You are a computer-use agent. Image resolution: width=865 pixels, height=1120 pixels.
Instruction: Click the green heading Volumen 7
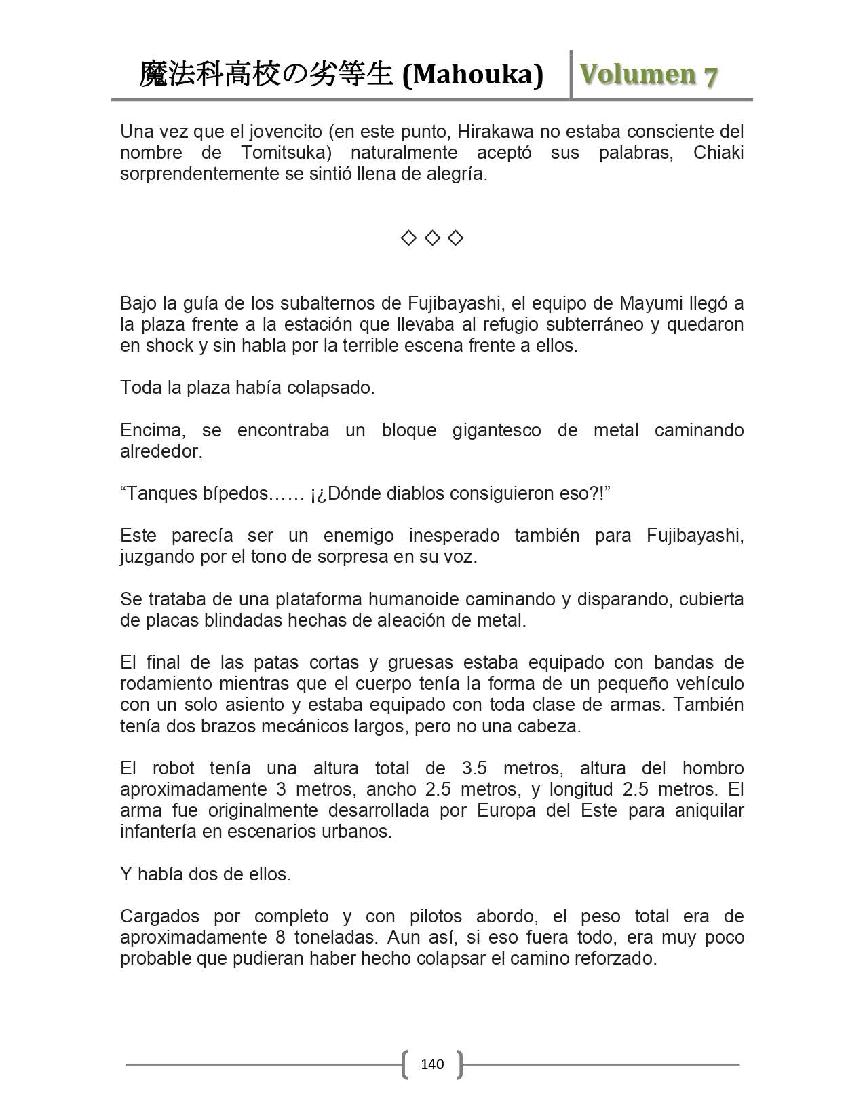click(649, 75)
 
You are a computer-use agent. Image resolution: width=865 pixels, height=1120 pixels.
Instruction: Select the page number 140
click(432, 1064)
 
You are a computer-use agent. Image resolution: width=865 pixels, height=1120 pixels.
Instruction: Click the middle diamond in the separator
click(432, 238)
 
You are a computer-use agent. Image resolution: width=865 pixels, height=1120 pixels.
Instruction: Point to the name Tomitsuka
click(286, 153)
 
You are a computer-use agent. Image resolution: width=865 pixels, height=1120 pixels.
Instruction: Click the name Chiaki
click(718, 153)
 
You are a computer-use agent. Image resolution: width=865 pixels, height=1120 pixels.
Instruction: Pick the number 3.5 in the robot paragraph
click(474, 768)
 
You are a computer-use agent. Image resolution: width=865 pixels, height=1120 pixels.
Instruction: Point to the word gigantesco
click(497, 430)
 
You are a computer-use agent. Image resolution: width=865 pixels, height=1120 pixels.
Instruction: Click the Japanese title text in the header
click(266, 75)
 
